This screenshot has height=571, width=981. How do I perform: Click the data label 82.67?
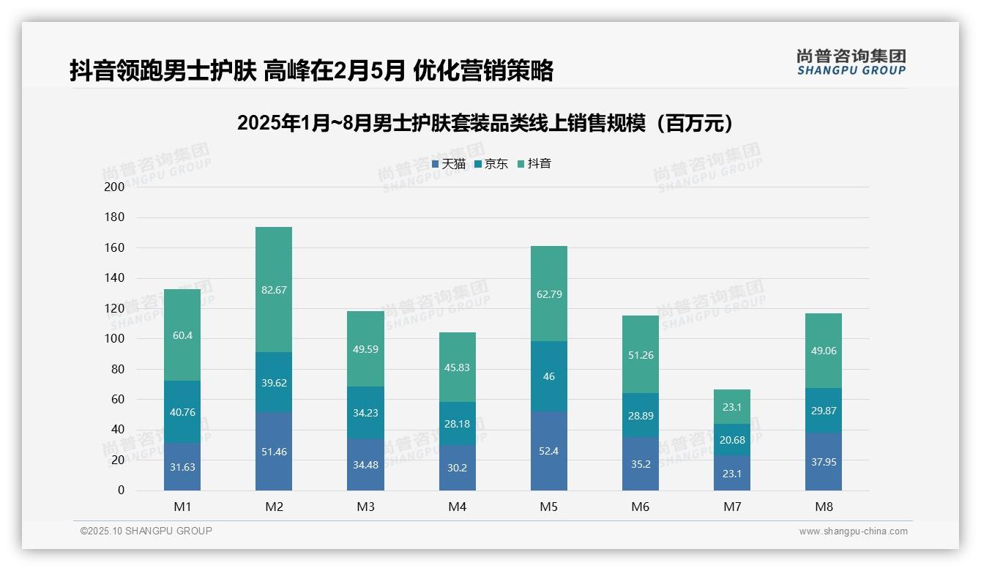[274, 290]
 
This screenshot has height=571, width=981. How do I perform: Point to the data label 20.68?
[732, 440]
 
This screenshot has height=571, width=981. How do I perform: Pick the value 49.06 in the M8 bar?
[824, 351]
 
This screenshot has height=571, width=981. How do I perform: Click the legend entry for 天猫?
[449, 164]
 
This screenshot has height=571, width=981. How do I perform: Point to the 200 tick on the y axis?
[115, 187]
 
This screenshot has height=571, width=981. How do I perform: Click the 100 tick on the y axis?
[115, 339]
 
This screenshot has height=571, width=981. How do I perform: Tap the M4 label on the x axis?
[458, 507]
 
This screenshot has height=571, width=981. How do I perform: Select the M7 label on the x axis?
[732, 507]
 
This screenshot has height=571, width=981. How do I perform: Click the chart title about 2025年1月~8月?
[486, 124]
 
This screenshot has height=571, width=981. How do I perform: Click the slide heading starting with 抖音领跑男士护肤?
[311, 70]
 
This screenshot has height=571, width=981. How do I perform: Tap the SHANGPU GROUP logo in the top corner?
[851, 62]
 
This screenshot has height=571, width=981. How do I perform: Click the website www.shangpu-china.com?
[853, 531]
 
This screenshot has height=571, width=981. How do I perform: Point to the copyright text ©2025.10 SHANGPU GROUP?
[146, 531]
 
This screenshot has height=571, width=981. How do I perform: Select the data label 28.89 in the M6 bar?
[641, 416]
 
